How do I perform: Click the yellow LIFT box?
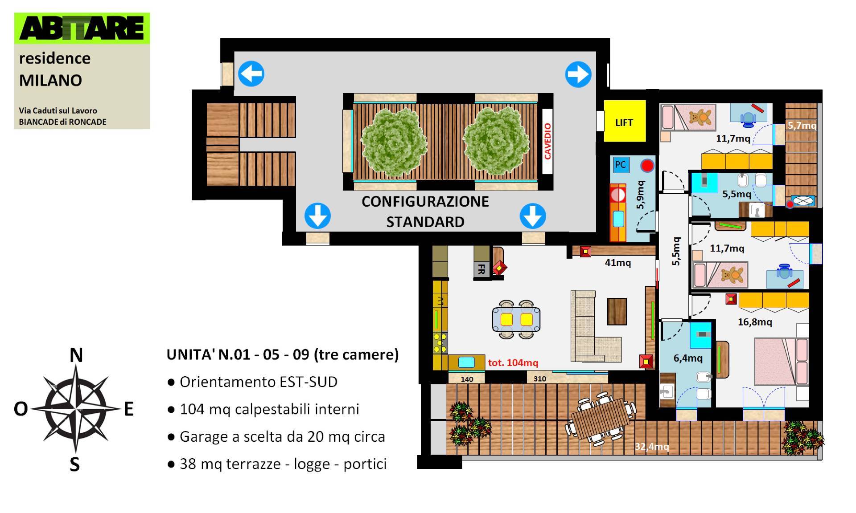tap(625, 121)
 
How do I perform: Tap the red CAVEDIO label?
tap(547, 141)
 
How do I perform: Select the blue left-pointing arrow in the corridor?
tap(251, 74)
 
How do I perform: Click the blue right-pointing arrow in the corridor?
tap(578, 74)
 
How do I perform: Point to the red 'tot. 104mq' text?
tap(513, 363)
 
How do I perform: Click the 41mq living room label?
tap(618, 263)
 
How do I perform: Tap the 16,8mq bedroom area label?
tap(755, 322)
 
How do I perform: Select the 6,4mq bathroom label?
tap(688, 358)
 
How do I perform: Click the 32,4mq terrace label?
tap(652, 446)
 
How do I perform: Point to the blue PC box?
tap(620, 164)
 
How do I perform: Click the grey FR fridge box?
tap(481, 269)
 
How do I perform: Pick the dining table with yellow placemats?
tap(516, 319)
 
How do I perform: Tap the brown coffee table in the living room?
tap(617, 311)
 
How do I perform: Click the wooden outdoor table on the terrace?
tap(601, 419)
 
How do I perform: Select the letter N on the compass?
tap(76, 355)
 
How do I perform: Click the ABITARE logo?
tap(82, 28)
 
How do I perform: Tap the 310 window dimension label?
tap(539, 379)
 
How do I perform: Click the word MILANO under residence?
tap(50, 81)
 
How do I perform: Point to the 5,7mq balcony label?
tap(802, 126)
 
